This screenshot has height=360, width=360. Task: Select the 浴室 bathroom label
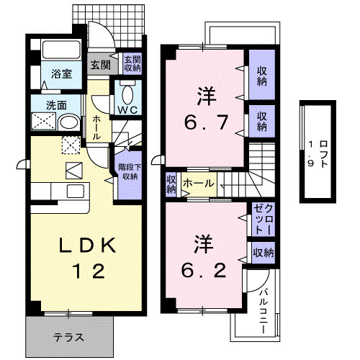60,73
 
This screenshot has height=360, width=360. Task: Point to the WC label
128,109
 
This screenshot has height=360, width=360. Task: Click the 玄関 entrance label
100,64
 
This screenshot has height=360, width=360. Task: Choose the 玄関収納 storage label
131,64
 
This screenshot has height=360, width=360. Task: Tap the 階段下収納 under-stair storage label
129,171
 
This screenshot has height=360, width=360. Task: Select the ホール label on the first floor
96,127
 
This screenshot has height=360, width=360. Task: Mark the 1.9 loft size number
310,154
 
